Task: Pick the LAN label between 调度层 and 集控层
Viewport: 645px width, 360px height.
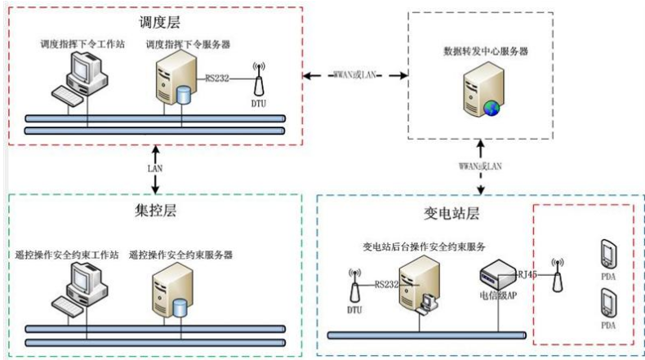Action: pyautogui.click(x=155, y=168)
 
